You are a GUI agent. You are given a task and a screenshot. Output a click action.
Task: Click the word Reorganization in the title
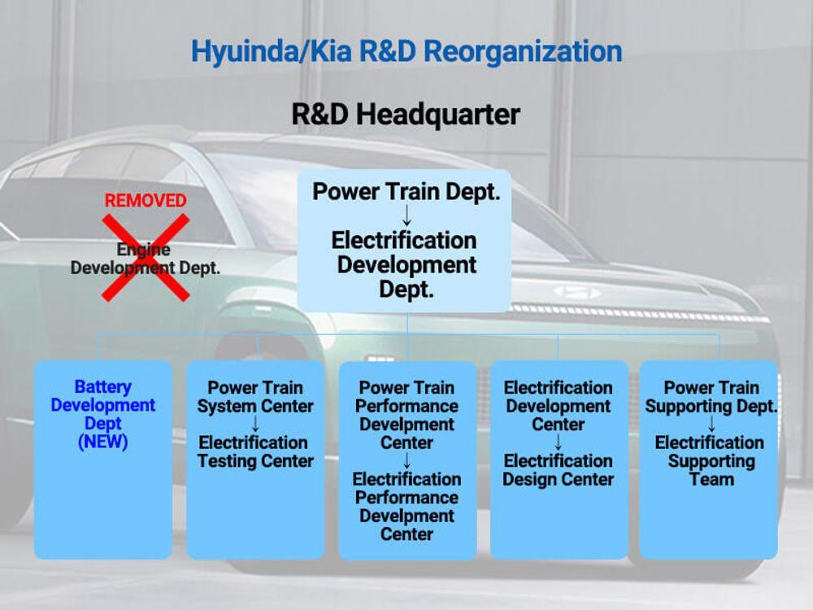pos(523,52)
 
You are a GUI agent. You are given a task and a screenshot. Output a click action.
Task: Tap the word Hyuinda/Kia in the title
pos(271,51)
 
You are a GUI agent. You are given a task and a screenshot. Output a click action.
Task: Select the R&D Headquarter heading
pos(406,115)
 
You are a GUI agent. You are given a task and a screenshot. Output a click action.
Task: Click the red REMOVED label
pos(146,200)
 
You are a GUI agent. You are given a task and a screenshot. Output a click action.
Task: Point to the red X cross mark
pos(146,258)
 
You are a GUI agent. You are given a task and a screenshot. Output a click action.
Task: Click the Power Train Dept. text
pos(406,191)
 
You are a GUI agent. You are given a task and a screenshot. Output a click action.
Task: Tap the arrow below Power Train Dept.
pos(406,215)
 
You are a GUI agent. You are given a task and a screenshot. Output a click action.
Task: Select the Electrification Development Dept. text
pos(405,264)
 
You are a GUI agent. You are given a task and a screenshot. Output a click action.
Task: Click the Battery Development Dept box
pos(103,460)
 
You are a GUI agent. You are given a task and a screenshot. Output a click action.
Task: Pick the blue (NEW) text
pos(102,442)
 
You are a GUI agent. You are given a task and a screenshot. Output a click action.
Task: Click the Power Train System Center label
pos(255,397)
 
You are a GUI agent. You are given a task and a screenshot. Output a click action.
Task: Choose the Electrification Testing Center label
pos(255,451)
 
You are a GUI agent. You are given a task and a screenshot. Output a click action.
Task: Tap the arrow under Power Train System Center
pos(255,425)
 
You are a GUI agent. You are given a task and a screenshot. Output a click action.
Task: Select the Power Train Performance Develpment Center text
pos(406,415)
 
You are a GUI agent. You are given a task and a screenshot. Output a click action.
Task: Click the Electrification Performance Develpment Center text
pos(406,506)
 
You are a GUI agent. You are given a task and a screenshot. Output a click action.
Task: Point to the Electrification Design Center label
pos(559,470)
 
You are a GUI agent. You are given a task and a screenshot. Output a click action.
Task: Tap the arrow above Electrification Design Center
pos(559,442)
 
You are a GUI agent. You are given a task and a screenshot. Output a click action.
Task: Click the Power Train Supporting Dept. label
pos(711,397)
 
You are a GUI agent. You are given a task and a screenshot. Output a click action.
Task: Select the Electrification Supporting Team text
pos(710,460)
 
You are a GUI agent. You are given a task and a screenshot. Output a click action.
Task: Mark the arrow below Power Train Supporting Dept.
pos(711,425)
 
